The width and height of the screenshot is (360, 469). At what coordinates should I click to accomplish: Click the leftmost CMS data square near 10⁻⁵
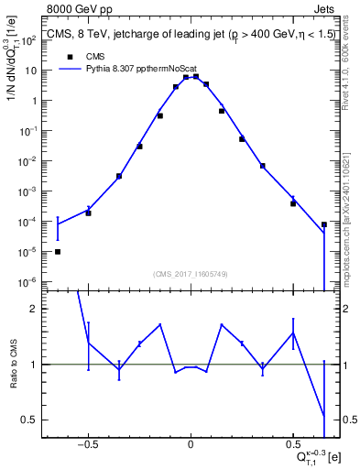[58, 251]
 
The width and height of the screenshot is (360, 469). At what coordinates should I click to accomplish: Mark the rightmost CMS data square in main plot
[324, 224]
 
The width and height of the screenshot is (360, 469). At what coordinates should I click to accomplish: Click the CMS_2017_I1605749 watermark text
[191, 274]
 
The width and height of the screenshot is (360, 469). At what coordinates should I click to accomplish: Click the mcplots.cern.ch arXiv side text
[352, 197]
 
